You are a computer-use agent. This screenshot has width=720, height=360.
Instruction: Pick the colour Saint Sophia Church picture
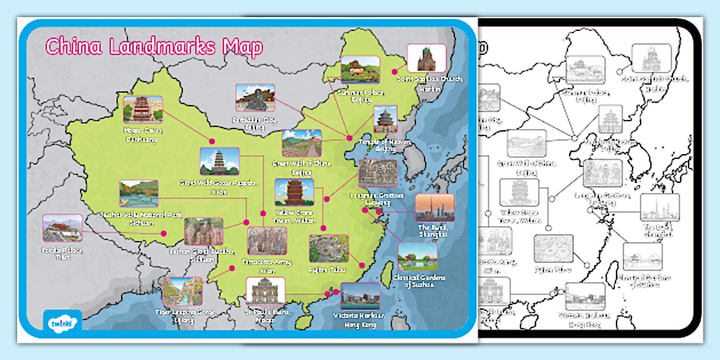[426, 58]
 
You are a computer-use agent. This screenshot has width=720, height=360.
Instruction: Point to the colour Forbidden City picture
[255, 98]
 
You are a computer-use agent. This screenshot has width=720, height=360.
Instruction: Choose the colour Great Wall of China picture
[302, 143]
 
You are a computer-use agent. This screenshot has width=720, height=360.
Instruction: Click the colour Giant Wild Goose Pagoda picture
[219, 162]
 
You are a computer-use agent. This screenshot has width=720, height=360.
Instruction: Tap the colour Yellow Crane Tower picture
[294, 192]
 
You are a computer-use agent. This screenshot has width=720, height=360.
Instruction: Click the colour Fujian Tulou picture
[329, 249]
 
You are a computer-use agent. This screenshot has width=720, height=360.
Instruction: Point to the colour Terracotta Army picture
[267, 241]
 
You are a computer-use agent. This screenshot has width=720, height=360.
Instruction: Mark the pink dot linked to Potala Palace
[163, 233]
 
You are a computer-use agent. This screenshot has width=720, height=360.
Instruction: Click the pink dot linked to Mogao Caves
[211, 141]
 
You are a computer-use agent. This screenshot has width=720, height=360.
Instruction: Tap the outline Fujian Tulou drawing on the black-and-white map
[553, 249]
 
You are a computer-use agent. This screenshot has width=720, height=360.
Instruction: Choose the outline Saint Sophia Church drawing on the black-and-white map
[651, 58]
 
